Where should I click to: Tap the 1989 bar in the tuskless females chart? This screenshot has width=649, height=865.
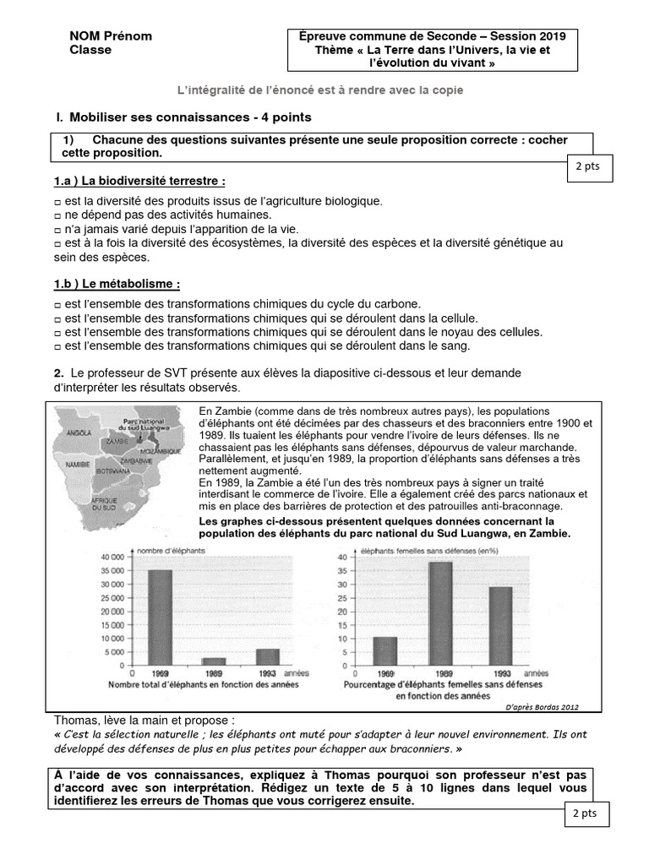[x=441, y=614]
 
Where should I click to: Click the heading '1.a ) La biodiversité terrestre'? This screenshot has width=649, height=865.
[x=139, y=182]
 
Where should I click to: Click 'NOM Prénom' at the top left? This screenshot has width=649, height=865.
[x=111, y=36]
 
